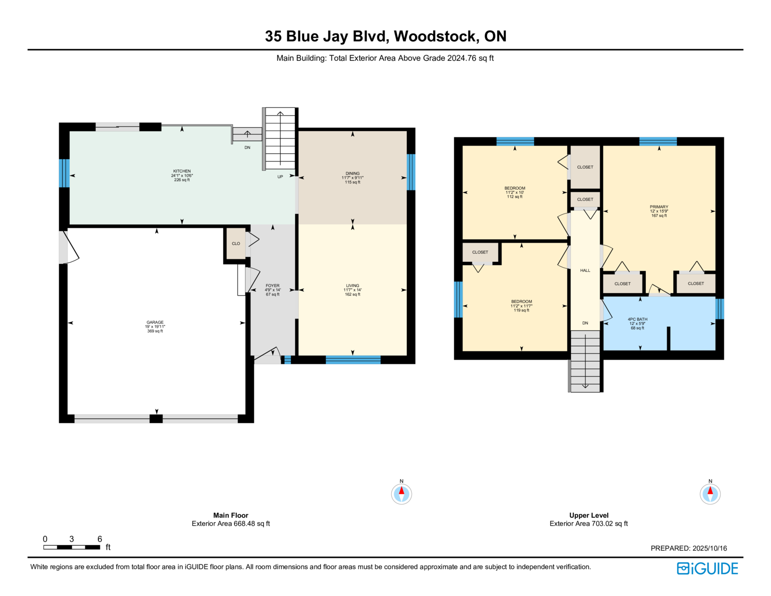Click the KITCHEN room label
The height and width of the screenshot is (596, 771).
tap(182, 171)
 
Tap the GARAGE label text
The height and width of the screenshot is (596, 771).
tap(155, 323)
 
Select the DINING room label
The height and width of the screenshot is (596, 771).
tap(352, 174)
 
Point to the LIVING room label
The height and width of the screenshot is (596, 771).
tap(352, 285)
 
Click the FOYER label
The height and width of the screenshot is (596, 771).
tap(272, 285)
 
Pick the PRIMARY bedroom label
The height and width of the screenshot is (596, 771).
tap(659, 207)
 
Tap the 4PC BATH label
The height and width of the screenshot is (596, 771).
tap(637, 319)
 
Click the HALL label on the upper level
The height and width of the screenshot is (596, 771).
tap(585, 271)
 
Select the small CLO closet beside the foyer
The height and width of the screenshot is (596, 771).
tap(236, 244)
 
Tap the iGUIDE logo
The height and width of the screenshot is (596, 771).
tap(707, 569)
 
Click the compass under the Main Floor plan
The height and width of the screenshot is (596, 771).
tap(401, 494)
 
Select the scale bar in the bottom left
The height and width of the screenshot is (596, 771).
tap(71, 547)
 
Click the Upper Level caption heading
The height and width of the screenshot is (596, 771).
tap(588, 515)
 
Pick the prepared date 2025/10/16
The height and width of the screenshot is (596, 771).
tap(709, 548)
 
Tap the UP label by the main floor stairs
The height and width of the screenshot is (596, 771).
tap(280, 177)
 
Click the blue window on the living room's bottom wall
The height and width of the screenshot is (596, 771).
tap(353, 359)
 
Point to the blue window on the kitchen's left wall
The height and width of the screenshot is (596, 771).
tap(64, 173)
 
